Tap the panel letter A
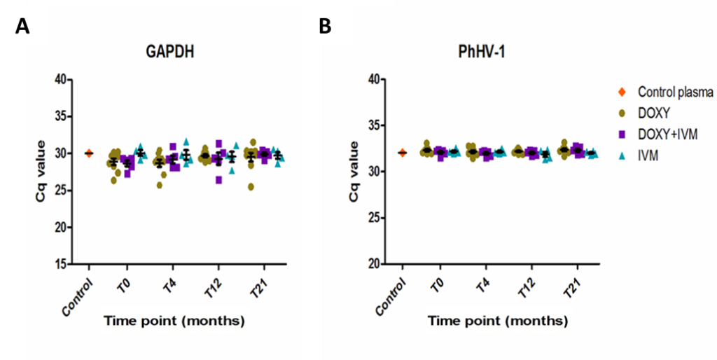point(21,27)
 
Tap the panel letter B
point(325,27)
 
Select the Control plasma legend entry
point(675,92)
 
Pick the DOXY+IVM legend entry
point(669,132)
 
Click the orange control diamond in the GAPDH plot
point(89,153)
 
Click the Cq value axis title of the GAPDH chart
point(43,172)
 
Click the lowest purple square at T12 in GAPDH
point(219,180)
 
